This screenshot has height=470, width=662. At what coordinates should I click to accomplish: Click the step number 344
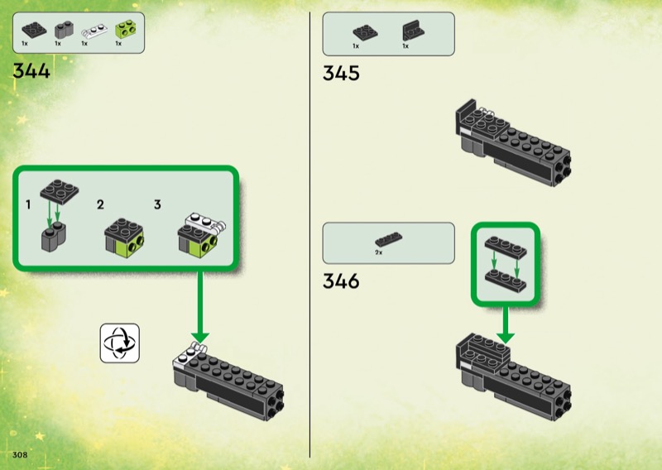coord(31,71)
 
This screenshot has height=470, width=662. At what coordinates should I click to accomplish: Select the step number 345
coord(341,74)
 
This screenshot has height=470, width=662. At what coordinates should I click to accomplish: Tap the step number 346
coord(341,281)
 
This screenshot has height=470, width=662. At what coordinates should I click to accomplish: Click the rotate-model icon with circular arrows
coord(120,343)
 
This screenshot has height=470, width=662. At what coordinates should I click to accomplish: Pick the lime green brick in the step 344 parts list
coord(125,30)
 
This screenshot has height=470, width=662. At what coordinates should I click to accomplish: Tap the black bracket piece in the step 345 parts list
coord(411,31)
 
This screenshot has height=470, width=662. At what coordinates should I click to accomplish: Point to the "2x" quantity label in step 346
coord(378,252)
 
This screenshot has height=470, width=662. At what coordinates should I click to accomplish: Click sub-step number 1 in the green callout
coord(28,204)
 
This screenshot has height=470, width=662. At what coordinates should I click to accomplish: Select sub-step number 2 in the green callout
coord(100,204)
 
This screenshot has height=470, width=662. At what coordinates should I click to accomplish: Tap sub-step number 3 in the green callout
coord(157,204)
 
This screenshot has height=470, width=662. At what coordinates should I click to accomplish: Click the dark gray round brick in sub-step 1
coord(56,240)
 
